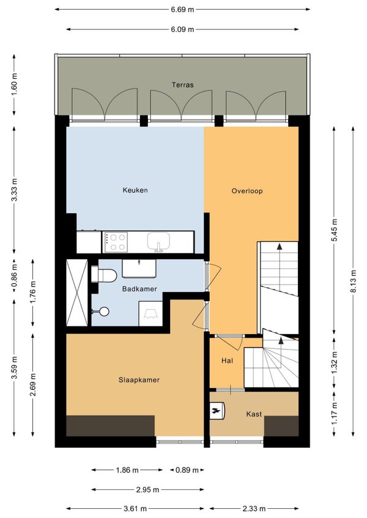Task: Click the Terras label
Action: pyautogui.click(x=182, y=85)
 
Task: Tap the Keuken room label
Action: pyautogui.click(x=135, y=191)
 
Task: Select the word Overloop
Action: pyautogui.click(x=247, y=191)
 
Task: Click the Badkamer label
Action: pyautogui.click(x=139, y=289)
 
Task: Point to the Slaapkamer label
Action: pyautogui.click(x=139, y=380)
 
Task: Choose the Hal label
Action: pyautogui.click(x=227, y=361)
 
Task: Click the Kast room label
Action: pyautogui.click(x=254, y=414)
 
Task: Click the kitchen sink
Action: pyautogui.click(x=158, y=241)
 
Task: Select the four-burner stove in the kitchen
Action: pyautogui.click(x=115, y=242)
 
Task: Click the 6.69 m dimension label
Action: pyautogui.click(x=182, y=9)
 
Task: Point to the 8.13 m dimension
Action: pyautogui.click(x=353, y=281)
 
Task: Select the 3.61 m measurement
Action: pyautogui.click(x=135, y=509)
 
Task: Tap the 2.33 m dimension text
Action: pyautogui.click(x=254, y=509)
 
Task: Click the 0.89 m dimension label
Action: pyautogui.click(x=187, y=470)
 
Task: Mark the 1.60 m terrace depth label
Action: pyautogui.click(x=14, y=84)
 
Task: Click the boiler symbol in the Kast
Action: pyautogui.click(x=217, y=410)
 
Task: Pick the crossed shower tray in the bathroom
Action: pyautogui.click(x=77, y=293)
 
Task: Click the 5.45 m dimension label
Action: pyautogui.click(x=334, y=230)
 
